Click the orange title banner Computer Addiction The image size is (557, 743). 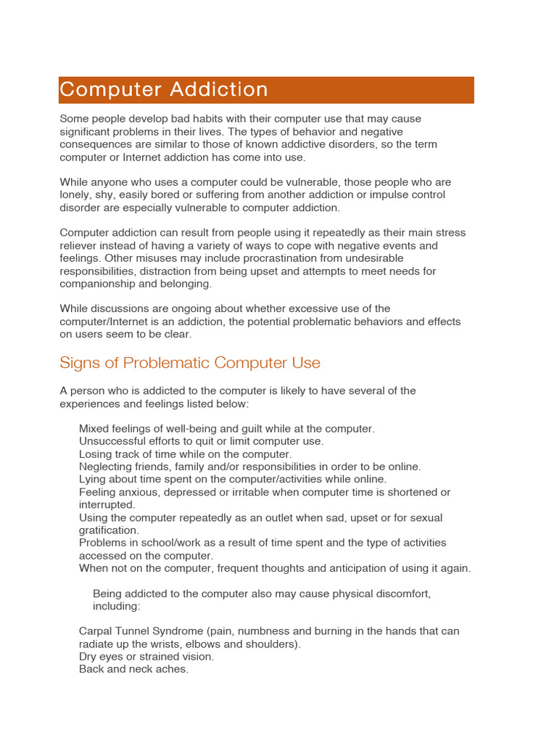(x=266, y=90)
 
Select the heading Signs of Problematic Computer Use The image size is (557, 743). (x=190, y=362)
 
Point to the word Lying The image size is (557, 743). (x=92, y=480)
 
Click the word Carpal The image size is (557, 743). (x=97, y=631)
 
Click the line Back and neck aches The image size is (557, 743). (x=133, y=669)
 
